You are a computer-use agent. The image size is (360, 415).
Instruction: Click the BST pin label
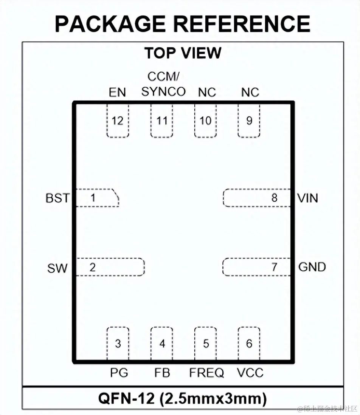pyautogui.click(x=57, y=198)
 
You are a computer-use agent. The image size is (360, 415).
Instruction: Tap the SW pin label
pyautogui.click(x=57, y=268)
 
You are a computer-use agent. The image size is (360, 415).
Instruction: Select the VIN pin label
pyautogui.click(x=307, y=198)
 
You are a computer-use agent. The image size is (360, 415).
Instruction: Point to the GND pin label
pyautogui.click(x=312, y=267)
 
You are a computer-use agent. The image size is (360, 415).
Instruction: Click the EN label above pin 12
pyautogui.click(x=117, y=92)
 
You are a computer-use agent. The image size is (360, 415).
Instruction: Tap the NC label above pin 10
pyautogui.click(x=207, y=92)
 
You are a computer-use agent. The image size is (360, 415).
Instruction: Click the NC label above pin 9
pyautogui.click(x=250, y=92)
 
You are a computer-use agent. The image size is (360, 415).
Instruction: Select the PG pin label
pyautogui.click(x=119, y=373)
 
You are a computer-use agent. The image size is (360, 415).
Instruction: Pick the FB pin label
pyautogui.click(x=162, y=373)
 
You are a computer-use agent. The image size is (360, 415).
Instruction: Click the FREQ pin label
pyautogui.click(x=206, y=373)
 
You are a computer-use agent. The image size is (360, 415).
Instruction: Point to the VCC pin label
pyautogui.click(x=250, y=373)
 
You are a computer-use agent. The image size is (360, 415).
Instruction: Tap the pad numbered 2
pyautogui.click(x=110, y=267)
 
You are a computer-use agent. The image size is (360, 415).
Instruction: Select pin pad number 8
pyautogui.click(x=257, y=198)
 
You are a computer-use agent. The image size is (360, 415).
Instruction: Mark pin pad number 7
pyautogui.click(x=257, y=267)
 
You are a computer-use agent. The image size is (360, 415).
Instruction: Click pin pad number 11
pyautogui.click(x=162, y=121)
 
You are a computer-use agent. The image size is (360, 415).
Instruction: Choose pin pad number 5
pyautogui.click(x=206, y=344)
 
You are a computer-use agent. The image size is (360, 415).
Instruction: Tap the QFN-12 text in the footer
pyautogui.click(x=127, y=398)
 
